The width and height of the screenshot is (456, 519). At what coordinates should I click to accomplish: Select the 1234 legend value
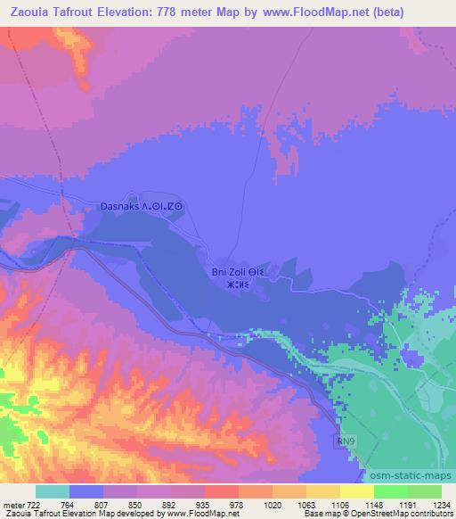(x=442, y=506)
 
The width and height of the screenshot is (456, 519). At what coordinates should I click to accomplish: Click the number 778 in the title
(x=164, y=12)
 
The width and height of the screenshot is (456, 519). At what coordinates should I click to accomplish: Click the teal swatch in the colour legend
(x=53, y=491)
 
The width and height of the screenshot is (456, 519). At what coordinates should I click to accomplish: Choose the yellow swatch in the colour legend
(x=356, y=491)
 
